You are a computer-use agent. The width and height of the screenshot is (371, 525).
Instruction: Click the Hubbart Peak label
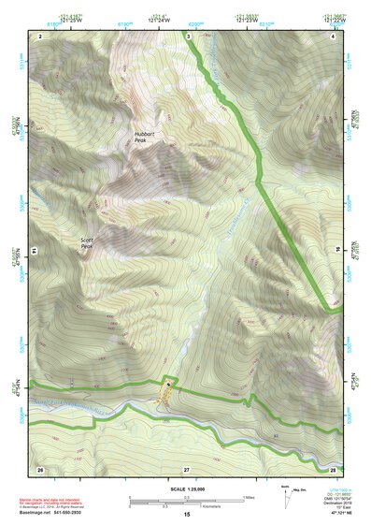[148, 137]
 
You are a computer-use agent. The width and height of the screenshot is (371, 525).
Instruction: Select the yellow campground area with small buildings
[166, 394]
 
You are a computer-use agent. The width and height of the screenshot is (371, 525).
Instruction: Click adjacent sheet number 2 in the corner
[40, 36]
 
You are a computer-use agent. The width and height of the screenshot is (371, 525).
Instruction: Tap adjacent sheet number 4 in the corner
[334, 36]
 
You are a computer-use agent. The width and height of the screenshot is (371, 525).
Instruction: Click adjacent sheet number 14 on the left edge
[33, 251]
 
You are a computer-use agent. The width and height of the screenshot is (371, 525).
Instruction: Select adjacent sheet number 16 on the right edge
[337, 251]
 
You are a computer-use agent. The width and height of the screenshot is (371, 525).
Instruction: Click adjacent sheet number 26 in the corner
[40, 467]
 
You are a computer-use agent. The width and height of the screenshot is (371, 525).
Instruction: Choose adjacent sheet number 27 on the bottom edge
[186, 467]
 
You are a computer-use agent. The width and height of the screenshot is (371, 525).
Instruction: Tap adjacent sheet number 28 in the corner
[333, 467]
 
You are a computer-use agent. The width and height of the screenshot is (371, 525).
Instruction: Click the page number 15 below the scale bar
[186, 515]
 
